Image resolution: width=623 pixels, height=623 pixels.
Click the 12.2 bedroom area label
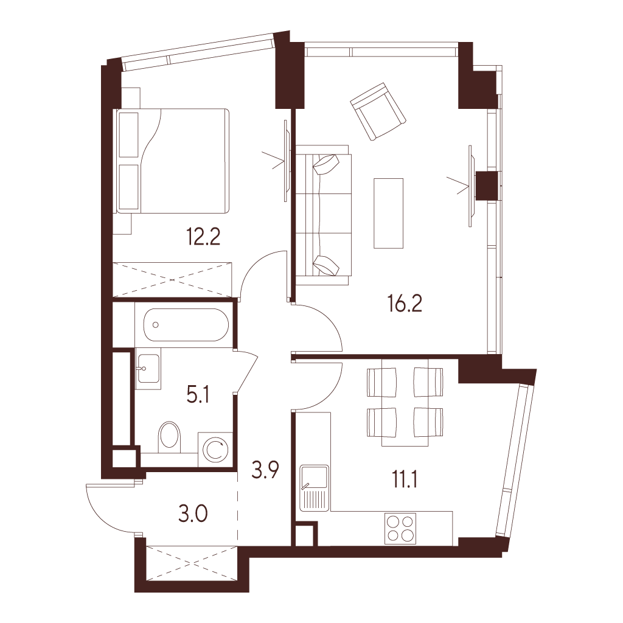(203, 237)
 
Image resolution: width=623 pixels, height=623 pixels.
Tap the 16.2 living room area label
(405, 304)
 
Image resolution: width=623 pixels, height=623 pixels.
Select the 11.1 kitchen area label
(405, 480)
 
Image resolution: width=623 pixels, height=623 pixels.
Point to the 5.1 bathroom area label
(198, 395)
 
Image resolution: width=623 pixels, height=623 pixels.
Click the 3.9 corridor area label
(265, 470)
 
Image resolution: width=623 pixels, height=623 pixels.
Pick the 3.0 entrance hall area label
(193, 515)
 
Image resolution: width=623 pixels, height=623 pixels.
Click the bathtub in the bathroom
(186, 325)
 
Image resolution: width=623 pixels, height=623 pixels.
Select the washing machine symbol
(215, 450)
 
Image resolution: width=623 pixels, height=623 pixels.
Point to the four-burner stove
(400, 529)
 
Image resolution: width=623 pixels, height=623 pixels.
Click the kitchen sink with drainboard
(315, 488)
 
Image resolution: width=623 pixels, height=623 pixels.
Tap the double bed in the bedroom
(172, 161)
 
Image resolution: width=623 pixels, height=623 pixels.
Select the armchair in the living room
(378, 111)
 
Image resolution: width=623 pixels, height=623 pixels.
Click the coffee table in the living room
(388, 213)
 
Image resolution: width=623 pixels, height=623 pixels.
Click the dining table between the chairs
(405, 402)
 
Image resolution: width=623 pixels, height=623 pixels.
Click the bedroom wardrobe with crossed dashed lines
(172, 279)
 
